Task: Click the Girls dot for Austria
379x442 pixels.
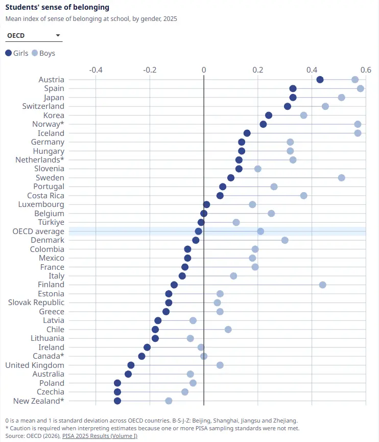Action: pyautogui.click(x=320, y=80)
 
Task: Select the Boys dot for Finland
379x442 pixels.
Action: pyautogui.click(x=323, y=285)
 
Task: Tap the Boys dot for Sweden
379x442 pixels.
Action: pyautogui.click(x=342, y=178)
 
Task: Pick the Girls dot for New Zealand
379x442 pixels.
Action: pyautogui.click(x=117, y=401)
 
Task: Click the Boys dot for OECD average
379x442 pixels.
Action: pyautogui.click(x=260, y=231)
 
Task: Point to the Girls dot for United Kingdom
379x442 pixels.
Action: pyautogui.click(x=131, y=365)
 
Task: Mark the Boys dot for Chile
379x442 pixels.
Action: pyautogui.click(x=228, y=329)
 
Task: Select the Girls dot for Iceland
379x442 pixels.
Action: pyautogui.click(x=247, y=133)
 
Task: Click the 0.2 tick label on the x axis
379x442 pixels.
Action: pyautogui.click(x=258, y=69)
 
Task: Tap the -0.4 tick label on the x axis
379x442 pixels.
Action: pyautogui.click(x=96, y=69)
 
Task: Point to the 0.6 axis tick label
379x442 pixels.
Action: pyautogui.click(x=366, y=69)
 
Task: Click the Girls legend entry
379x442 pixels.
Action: pyautogui.click(x=17, y=53)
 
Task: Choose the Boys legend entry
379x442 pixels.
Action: pyautogui.click(x=43, y=53)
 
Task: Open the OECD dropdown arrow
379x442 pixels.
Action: pyautogui.click(x=58, y=36)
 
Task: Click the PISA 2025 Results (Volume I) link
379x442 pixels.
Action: pyautogui.click(x=100, y=436)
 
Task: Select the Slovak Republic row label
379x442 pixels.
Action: pyautogui.click(x=36, y=303)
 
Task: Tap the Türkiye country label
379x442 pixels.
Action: pyautogui.click(x=51, y=222)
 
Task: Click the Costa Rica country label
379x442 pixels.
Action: pyautogui.click(x=45, y=196)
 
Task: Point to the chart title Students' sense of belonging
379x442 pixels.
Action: pyautogui.click(x=57, y=7)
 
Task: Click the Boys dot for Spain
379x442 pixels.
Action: pyautogui.click(x=361, y=88)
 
